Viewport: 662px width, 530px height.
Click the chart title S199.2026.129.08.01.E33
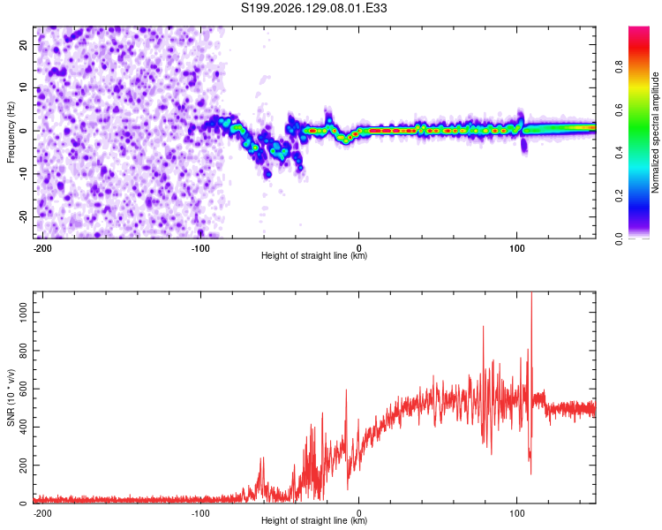(x=313, y=8)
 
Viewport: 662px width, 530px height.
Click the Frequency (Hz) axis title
(x=11, y=132)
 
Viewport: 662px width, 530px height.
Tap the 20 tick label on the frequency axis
(x=23, y=45)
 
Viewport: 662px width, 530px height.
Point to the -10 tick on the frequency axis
(x=23, y=173)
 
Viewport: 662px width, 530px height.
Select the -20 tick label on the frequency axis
(x=23, y=216)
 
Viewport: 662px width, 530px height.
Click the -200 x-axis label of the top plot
(x=42, y=248)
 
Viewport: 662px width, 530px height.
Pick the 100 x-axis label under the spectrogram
(x=516, y=248)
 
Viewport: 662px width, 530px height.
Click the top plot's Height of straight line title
(x=314, y=255)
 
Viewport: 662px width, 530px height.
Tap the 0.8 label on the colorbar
(x=619, y=67)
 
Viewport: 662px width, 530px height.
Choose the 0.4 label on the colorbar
(x=619, y=153)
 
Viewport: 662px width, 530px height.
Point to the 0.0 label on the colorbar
(x=619, y=238)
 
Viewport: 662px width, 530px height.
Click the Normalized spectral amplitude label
(x=655, y=132)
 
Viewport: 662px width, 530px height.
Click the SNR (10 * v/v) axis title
(x=11, y=397)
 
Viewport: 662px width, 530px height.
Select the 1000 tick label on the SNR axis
(x=23, y=313)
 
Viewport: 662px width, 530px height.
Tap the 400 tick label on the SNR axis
(x=23, y=427)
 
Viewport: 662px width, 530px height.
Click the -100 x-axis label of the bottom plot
(x=200, y=513)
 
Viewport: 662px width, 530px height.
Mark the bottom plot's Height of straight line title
(x=314, y=520)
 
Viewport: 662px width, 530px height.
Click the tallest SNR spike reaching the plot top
(x=531, y=296)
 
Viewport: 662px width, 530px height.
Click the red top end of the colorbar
(x=639, y=29)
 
